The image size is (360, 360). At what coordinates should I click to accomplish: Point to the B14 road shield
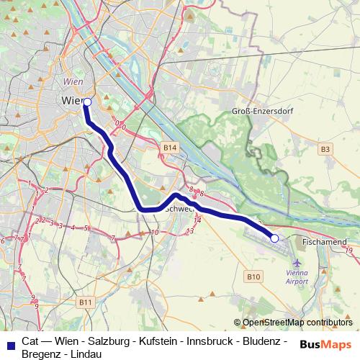point(169,148)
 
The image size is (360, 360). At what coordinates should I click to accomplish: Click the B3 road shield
point(326,149)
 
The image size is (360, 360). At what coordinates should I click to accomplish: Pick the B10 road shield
point(253,276)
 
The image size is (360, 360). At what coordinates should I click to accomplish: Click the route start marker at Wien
point(87,102)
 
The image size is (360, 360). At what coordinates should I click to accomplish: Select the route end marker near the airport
point(274,238)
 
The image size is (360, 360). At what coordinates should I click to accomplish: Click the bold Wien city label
point(73,100)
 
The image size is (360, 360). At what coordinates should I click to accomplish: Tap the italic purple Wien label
point(73,82)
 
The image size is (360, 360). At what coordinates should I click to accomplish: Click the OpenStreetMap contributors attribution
point(297,323)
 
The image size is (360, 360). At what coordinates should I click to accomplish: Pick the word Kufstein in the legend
point(163,341)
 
